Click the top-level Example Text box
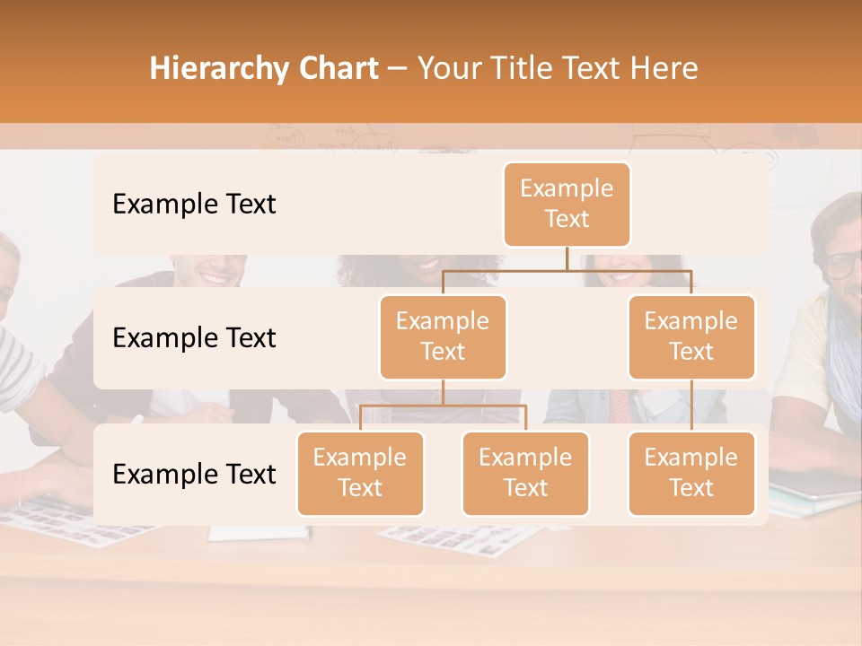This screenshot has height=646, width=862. (567, 205)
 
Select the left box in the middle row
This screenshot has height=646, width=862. (443, 337)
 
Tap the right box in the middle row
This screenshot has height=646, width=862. (691, 337)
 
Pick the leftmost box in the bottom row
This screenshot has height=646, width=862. (360, 474)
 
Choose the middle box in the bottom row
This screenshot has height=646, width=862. (525, 474)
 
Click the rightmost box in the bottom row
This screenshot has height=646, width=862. (691, 474)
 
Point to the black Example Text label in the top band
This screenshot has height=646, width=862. (194, 205)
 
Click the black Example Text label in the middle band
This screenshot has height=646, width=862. (194, 338)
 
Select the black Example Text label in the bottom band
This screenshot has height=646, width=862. (194, 475)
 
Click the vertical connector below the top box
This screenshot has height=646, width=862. (567, 258)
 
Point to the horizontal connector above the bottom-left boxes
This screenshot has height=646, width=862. (443, 406)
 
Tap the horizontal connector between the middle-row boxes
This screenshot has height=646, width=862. (567, 270)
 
